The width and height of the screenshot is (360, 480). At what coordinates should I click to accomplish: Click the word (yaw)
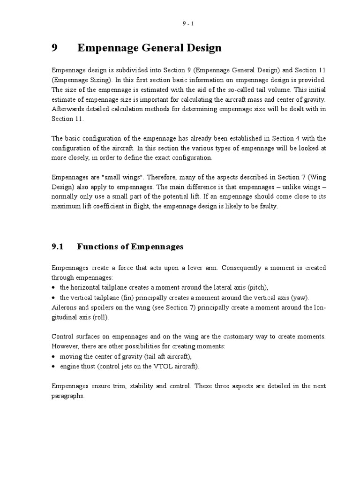pyautogui.click(x=300, y=297)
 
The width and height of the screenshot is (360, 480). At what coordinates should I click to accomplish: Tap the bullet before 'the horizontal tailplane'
pyautogui.click(x=54, y=287)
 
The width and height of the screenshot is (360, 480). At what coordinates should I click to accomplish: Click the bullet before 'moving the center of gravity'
pyautogui.click(x=54, y=356)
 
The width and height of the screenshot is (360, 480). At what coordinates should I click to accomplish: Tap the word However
pyautogui.click(x=66, y=346)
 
